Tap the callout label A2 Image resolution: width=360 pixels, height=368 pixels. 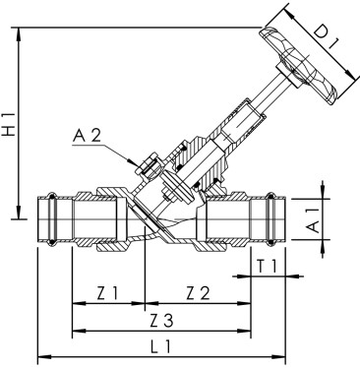click(90, 137)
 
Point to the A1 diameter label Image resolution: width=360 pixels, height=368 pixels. click(310, 218)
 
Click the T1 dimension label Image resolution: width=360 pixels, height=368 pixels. click(265, 266)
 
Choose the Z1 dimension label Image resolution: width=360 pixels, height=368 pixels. click(108, 292)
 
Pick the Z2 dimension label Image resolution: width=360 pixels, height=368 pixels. click(197, 292)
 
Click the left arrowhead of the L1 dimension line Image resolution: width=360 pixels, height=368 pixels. click(40, 356)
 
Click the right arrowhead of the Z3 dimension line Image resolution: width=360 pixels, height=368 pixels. click(247, 330)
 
